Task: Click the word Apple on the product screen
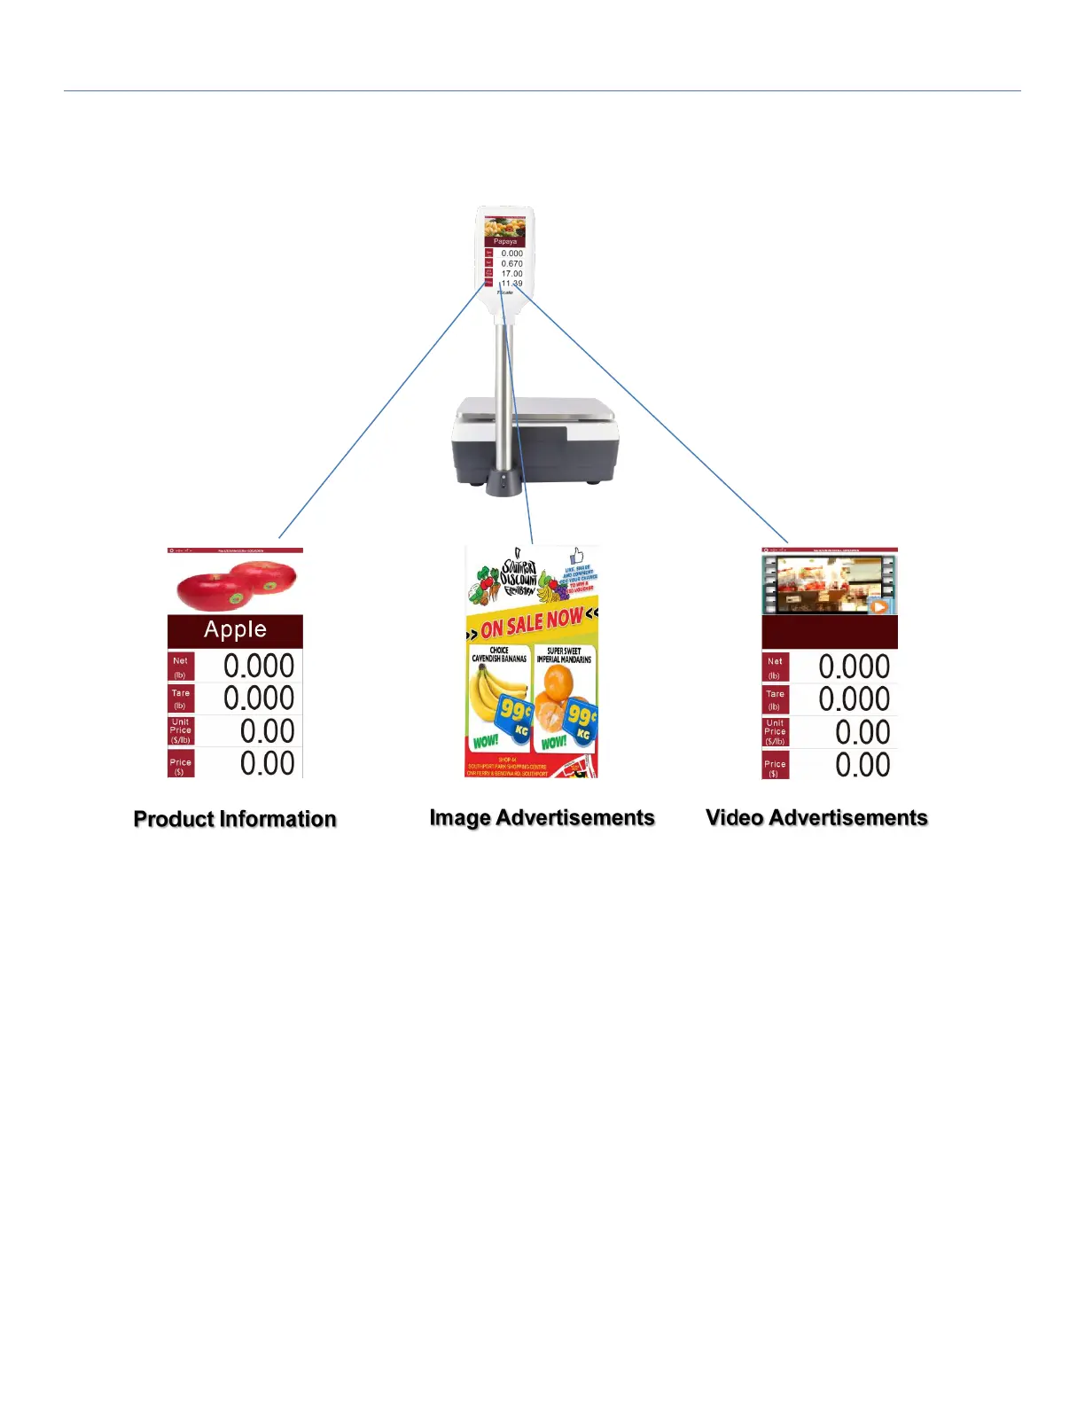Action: (235, 630)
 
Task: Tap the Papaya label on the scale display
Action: (505, 241)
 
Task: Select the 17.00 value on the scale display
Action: (512, 274)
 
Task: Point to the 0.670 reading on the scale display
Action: (512, 263)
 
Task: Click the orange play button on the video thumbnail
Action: (878, 607)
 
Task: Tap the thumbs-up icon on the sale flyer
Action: (577, 556)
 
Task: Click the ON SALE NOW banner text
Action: (532, 623)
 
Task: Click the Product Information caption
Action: (235, 819)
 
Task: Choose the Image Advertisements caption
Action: (542, 818)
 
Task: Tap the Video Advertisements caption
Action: (816, 818)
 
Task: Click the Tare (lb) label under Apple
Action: (180, 699)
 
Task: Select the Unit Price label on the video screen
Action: (775, 732)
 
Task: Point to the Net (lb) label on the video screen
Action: (775, 667)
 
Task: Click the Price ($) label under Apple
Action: (180, 765)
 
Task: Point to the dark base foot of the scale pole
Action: (503, 484)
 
